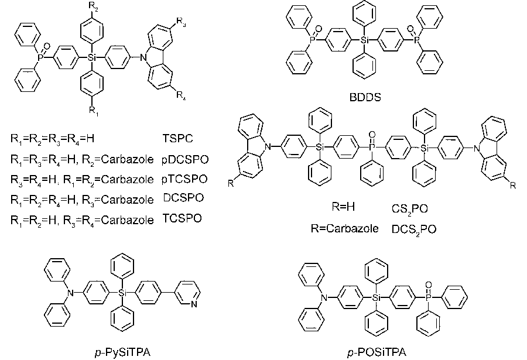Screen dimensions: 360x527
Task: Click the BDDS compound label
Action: [x=365, y=98]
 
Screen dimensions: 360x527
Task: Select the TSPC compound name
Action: [x=178, y=139]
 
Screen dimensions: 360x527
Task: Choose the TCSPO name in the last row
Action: [x=182, y=218]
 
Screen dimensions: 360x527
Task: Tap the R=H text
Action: [x=344, y=208]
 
